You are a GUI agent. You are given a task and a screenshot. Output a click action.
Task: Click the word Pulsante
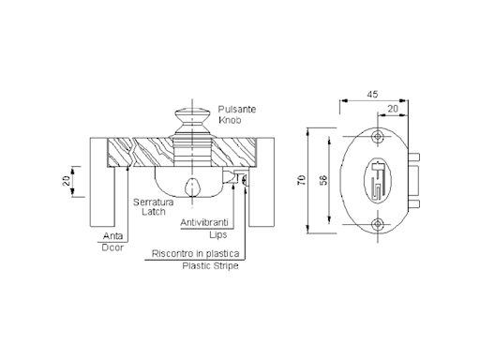tap(237, 110)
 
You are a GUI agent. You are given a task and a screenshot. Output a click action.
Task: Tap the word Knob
tap(230, 120)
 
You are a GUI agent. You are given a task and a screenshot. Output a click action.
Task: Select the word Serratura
tap(153, 202)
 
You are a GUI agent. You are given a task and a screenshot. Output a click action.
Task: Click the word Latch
tap(153, 212)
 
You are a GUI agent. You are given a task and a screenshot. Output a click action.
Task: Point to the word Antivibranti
tap(204, 222)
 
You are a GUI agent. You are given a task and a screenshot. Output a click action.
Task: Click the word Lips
tap(218, 234)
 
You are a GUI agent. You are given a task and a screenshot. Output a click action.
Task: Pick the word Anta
tap(112, 235)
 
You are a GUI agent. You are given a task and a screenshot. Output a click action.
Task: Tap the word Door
tap(112, 247)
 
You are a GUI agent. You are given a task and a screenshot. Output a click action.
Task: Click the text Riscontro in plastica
tap(195, 253)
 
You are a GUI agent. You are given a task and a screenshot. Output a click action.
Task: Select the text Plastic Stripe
tap(210, 266)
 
